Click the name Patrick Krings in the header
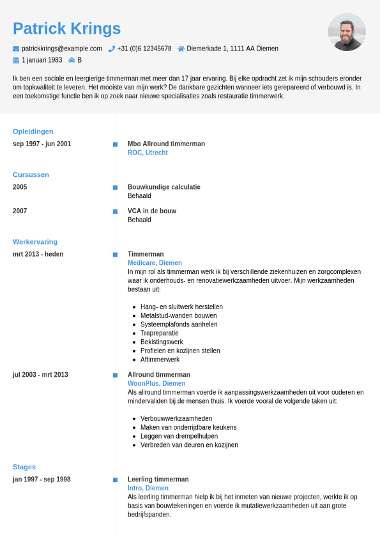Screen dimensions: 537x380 (x=66, y=29)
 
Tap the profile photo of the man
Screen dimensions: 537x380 (x=347, y=32)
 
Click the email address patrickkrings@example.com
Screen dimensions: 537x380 (x=61, y=49)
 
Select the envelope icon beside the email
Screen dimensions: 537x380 (x=16, y=49)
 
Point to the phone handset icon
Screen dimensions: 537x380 (x=111, y=49)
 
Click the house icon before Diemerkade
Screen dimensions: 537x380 (x=181, y=49)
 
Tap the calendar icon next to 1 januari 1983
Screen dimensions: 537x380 (x=16, y=60)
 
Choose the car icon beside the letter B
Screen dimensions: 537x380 (x=72, y=60)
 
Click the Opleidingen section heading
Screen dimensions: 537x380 (x=33, y=132)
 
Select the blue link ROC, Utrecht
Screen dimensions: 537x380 (x=148, y=153)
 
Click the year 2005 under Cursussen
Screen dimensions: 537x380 (x=20, y=187)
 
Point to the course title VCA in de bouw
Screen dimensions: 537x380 (x=152, y=211)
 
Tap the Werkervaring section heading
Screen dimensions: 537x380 (x=35, y=242)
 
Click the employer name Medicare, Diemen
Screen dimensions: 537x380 (x=155, y=262)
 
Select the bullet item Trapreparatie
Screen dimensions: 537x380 (x=160, y=333)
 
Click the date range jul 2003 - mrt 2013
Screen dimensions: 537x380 (x=40, y=375)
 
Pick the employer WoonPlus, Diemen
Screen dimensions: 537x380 (x=156, y=383)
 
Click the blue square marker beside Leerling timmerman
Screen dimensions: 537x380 (x=116, y=480)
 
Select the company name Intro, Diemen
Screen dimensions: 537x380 (x=148, y=488)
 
